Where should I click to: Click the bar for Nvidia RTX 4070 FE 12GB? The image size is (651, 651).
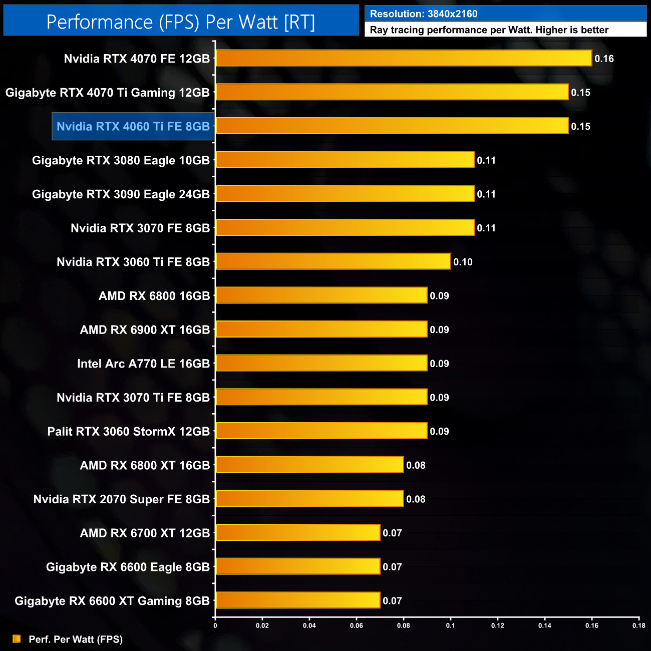pos(404,58)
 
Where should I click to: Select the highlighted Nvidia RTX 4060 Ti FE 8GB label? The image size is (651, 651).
pos(133,126)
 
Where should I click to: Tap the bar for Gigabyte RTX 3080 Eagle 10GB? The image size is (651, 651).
pos(345,160)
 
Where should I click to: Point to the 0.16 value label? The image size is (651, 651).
pos(604,59)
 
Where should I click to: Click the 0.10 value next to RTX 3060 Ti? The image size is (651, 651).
pos(463,262)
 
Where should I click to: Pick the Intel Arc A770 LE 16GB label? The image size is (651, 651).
pos(143,364)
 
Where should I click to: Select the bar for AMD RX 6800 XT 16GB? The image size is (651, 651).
pos(309,465)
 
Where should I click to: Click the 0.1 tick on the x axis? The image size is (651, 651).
pos(451,625)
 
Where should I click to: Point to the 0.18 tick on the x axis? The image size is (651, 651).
pos(638,625)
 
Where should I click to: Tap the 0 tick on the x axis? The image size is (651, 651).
pos(215,625)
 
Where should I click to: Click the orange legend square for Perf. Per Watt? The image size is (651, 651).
pos(17,639)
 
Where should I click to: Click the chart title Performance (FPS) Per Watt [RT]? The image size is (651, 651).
pos(181,22)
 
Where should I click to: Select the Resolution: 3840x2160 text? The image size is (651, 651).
pos(424,14)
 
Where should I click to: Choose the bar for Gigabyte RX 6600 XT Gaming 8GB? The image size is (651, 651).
pos(298,600)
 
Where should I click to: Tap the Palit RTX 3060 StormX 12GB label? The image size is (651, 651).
pos(128,431)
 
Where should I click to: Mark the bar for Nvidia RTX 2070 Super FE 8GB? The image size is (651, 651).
pos(309,498)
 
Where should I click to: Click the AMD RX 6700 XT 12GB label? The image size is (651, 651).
pos(145,533)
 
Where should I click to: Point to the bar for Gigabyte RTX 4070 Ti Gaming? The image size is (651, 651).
pos(392,92)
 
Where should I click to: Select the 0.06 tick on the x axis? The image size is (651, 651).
pos(357,625)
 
